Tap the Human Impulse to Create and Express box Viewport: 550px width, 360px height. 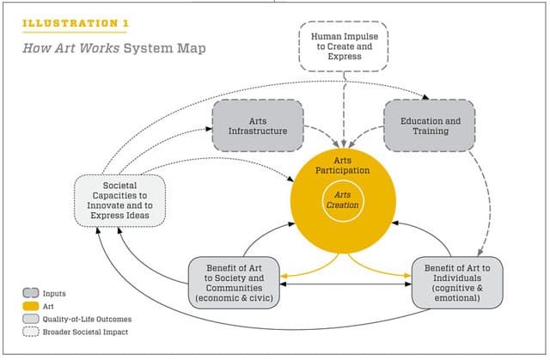(343, 42)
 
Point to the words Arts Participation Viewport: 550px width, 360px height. (343, 164)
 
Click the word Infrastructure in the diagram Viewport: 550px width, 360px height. (258, 131)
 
